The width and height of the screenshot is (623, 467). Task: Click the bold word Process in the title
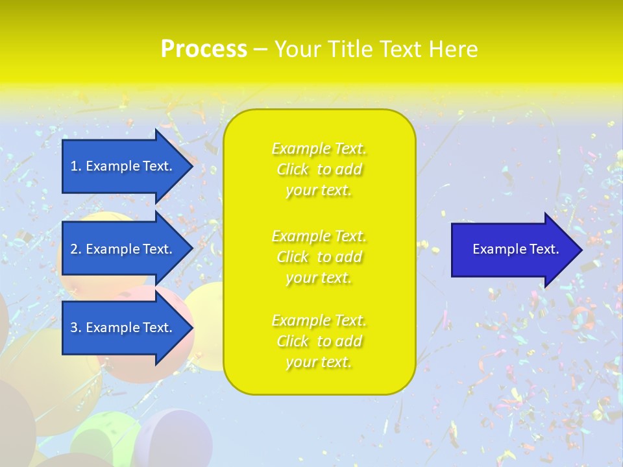pos(204,49)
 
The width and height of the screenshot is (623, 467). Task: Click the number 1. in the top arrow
pos(76,166)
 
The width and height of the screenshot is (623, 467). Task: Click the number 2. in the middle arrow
pos(76,249)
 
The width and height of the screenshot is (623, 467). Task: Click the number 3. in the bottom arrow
pos(76,328)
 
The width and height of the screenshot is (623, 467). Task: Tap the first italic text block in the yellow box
pos(319,169)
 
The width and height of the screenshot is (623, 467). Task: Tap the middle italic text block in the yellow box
pos(319,257)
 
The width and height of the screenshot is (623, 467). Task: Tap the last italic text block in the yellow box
pos(319,341)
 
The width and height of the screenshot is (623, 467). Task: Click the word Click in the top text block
pos(293,169)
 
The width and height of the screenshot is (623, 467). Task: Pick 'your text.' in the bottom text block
pos(319,362)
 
